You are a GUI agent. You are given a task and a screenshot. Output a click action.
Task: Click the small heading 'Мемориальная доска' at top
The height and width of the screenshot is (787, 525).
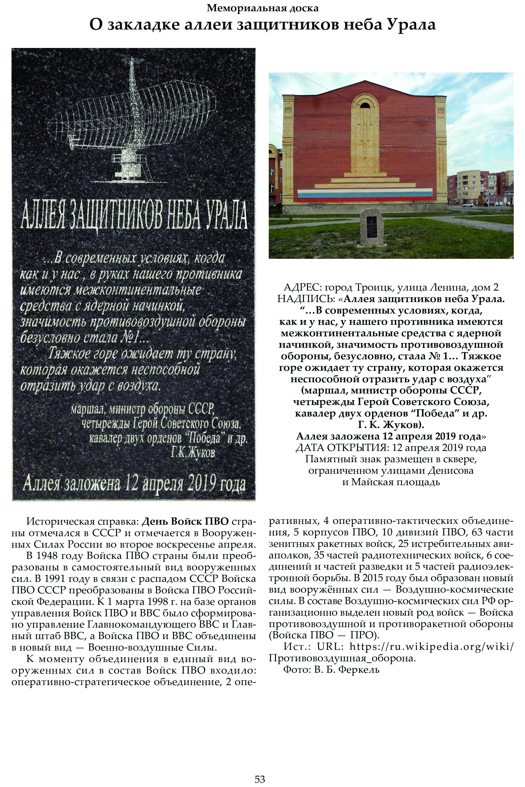(262, 8)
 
